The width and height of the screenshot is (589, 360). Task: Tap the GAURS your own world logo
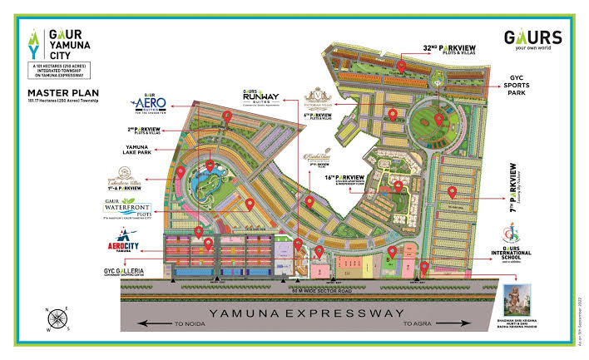point(532,41)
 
